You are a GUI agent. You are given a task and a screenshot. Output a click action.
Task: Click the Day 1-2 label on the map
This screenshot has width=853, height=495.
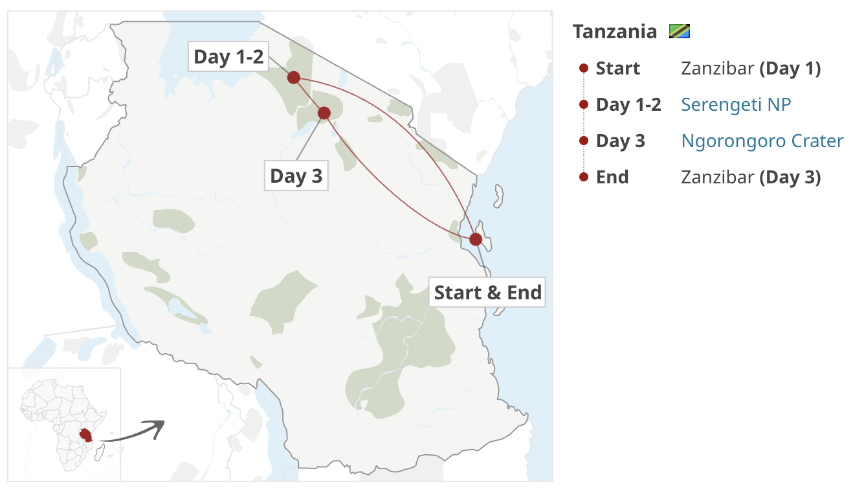tap(229, 57)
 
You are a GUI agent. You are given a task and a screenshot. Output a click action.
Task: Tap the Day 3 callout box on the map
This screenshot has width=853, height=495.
tap(296, 176)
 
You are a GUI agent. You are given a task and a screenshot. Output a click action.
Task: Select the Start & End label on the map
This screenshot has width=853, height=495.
tap(487, 292)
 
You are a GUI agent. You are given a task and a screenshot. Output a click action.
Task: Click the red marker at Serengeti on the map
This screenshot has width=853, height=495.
tap(293, 78)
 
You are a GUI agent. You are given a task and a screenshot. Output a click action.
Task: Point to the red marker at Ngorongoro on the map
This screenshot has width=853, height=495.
tap(324, 113)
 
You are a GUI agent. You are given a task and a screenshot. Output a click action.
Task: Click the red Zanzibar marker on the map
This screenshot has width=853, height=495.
tap(476, 239)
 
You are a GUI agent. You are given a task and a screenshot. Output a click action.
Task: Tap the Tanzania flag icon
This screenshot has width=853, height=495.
tap(680, 31)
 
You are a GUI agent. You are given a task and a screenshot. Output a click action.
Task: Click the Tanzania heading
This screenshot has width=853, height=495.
tap(614, 31)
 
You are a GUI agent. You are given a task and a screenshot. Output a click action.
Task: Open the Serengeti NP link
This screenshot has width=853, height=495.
tap(736, 104)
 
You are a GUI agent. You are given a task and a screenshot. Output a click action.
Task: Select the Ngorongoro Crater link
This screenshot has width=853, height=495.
tap(762, 141)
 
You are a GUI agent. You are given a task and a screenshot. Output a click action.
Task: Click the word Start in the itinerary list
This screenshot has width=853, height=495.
tap(617, 68)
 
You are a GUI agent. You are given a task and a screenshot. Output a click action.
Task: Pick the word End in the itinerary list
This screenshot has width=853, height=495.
tap(612, 177)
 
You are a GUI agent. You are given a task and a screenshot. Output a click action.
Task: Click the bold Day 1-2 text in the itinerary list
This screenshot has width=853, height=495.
tap(628, 104)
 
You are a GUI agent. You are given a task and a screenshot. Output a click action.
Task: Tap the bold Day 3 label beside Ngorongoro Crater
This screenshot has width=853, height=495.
tap(620, 141)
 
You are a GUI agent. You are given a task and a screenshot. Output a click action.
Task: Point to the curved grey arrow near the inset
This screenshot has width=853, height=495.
tap(133, 432)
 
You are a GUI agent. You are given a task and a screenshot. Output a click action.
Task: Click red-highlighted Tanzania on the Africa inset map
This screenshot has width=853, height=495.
tap(85, 435)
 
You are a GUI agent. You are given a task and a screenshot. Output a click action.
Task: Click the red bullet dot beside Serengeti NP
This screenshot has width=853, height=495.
tap(583, 104)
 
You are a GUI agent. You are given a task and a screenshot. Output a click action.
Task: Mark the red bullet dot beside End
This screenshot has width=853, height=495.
tap(583, 177)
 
